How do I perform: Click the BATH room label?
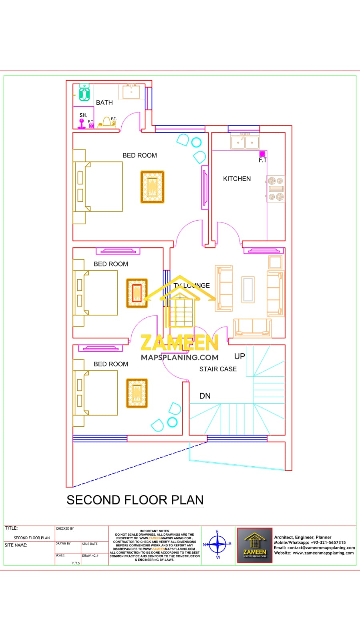[104, 103]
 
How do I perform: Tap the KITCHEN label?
[237, 179]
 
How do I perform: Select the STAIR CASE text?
[218, 369]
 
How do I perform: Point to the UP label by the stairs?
[239, 356]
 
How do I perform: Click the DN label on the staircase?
[205, 396]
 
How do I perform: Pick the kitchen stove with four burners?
[276, 189]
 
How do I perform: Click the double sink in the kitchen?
[245, 142]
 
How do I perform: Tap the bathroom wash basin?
[131, 92]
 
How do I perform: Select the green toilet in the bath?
[84, 93]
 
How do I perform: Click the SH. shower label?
[83, 115]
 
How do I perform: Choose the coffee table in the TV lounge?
[248, 289]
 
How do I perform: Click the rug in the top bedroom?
[152, 187]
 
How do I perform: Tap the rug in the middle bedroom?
[137, 293]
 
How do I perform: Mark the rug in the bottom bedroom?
[137, 393]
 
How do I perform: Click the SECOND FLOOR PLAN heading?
[135, 500]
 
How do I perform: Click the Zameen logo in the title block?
[255, 545]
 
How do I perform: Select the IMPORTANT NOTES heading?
[155, 531]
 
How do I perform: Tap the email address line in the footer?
[314, 548]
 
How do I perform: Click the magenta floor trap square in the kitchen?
[262, 154]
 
